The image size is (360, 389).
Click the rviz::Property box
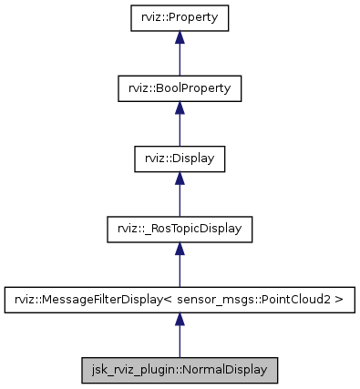(179, 17)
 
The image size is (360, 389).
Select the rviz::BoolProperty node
(179, 88)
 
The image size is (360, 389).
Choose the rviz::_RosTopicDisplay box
(179, 229)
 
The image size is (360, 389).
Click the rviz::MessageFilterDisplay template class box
(179, 299)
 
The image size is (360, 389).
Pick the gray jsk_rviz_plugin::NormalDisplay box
(179, 370)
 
